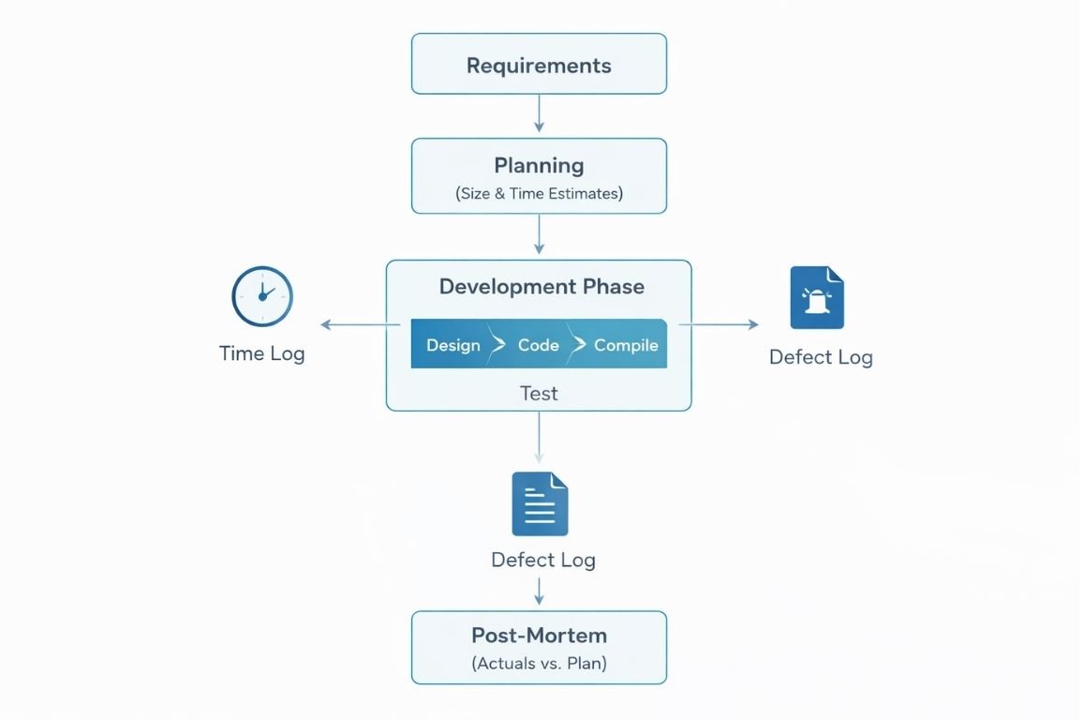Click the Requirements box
539,65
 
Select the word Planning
539,166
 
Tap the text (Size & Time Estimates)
539,194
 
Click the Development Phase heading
542,287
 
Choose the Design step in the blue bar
453,345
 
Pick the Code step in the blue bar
538,345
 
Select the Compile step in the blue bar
625,345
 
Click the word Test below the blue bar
539,393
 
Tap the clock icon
262,296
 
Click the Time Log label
261,353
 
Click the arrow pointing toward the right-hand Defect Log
719,324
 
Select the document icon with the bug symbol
817,298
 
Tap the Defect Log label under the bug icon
821,357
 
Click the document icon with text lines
540,503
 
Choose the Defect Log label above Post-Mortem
542,560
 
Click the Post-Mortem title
539,635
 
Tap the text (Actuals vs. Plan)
539,664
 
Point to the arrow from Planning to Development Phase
539,234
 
